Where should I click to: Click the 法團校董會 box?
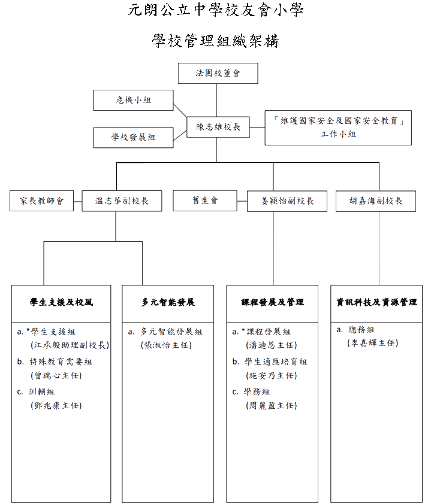[218, 73]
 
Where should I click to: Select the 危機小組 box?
[133, 101]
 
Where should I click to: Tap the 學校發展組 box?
[133, 138]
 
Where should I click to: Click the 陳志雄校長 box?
[218, 127]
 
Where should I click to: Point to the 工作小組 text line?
[338, 134]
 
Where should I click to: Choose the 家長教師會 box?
[41, 201]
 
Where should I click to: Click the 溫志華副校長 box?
[122, 201]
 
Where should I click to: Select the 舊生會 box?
[205, 201]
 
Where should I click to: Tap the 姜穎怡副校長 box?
[287, 201]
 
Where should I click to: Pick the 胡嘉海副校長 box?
[376, 201]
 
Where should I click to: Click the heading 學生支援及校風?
[61, 302]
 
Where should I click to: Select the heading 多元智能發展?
[168, 302]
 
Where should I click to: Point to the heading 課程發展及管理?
[272, 302]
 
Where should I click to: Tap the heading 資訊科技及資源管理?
[376, 302]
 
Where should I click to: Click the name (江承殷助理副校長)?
[70, 345]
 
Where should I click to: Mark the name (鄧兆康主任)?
[56, 406]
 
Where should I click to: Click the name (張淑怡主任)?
[166, 345]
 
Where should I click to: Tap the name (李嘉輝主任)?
[373, 344]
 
